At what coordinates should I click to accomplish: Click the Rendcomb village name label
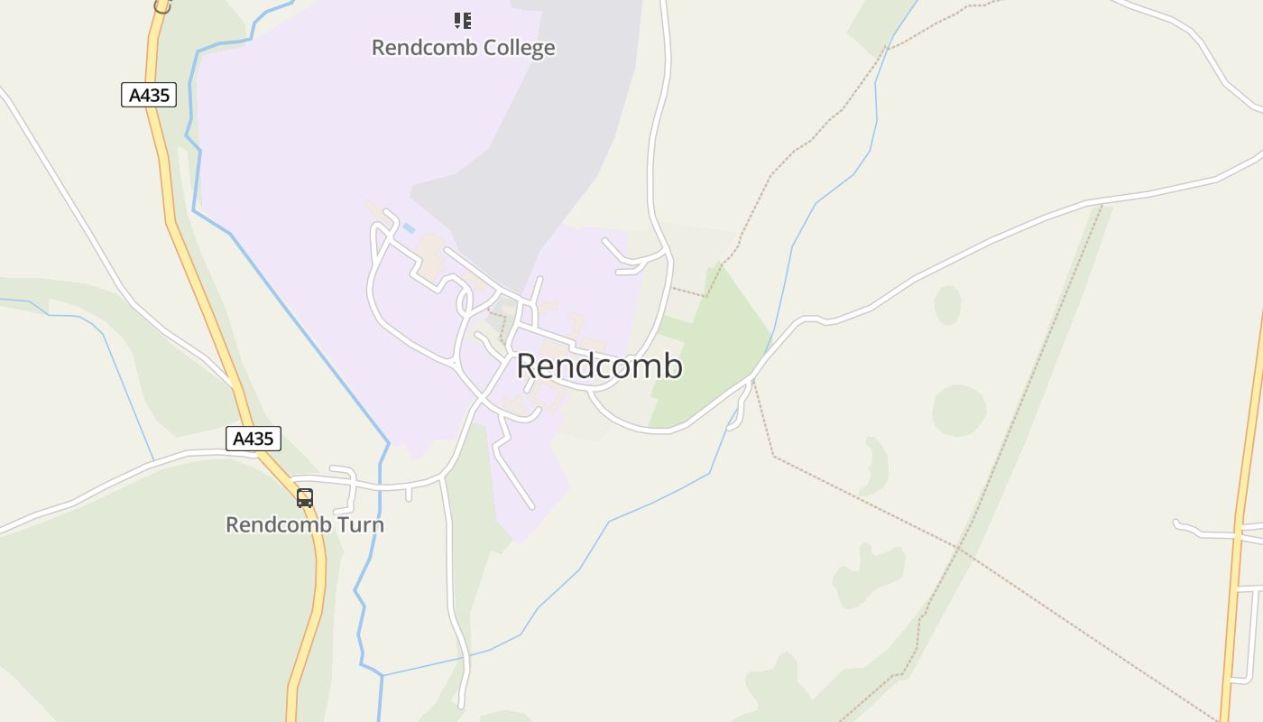pyautogui.click(x=599, y=366)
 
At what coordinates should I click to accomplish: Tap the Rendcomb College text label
pyautogui.click(x=463, y=48)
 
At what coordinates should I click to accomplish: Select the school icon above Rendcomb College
pyautogui.click(x=463, y=20)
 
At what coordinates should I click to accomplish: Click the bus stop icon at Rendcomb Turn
pyautogui.click(x=305, y=497)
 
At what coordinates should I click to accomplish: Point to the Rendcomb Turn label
pyautogui.click(x=305, y=524)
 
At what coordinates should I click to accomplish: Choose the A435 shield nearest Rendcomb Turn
pyautogui.click(x=253, y=439)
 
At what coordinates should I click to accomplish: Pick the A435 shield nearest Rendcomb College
pyautogui.click(x=149, y=95)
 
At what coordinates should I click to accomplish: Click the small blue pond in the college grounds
pyautogui.click(x=409, y=228)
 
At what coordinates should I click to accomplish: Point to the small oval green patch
pyautogui.click(x=947, y=304)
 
